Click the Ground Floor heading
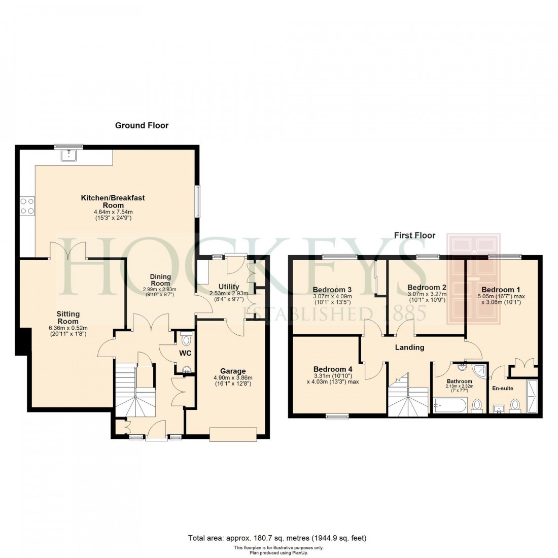142,125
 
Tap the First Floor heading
414,235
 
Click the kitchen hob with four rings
27,205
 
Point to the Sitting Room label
67,318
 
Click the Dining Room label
160,280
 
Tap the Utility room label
228,287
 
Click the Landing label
409,347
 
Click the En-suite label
503,388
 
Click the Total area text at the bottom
277,538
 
